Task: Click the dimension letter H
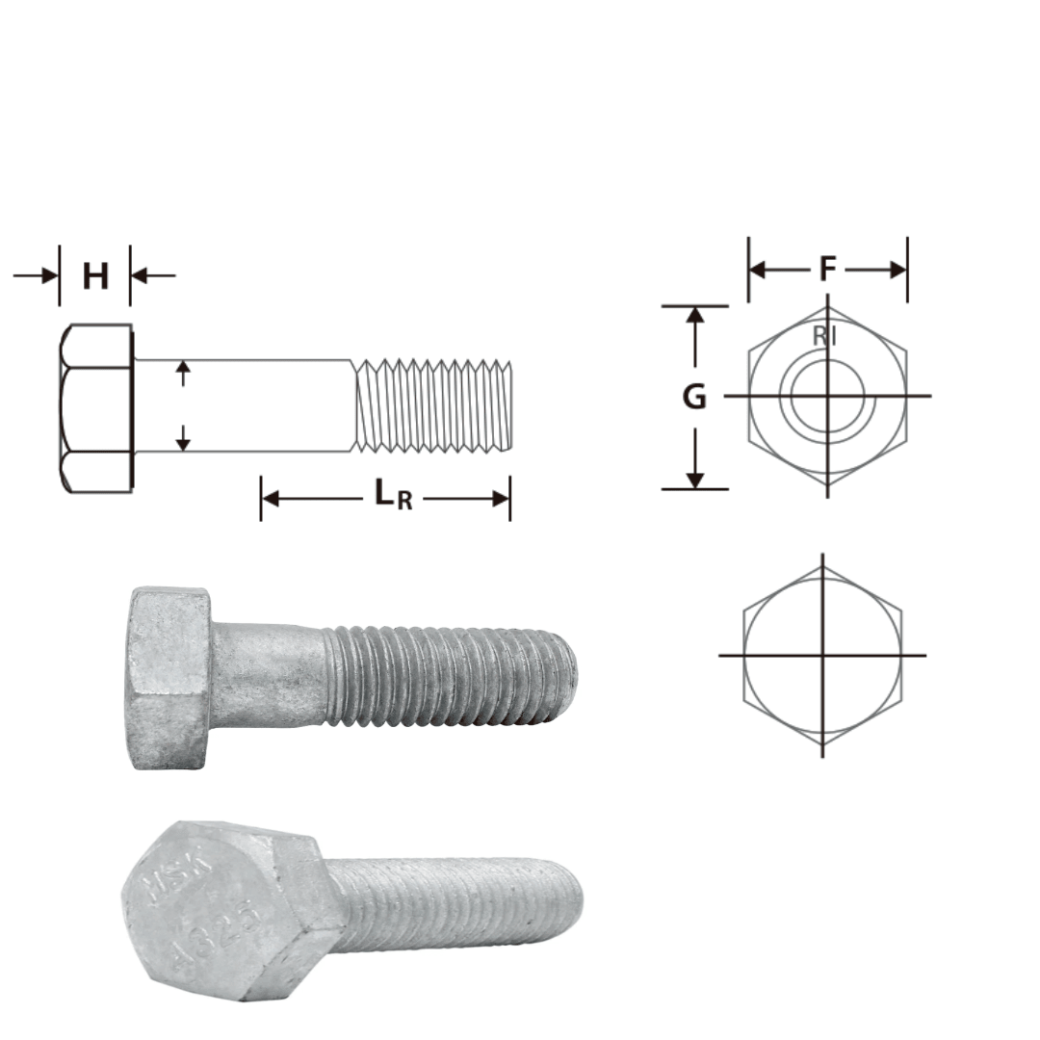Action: click(95, 276)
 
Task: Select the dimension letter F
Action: click(827, 270)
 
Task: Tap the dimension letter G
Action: click(694, 397)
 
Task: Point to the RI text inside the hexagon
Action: click(824, 336)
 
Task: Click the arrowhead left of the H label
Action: click(51, 276)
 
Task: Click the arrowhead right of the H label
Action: click(138, 276)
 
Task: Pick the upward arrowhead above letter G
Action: click(695, 315)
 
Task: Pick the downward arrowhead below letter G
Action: click(695, 480)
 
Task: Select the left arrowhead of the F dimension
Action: click(758, 270)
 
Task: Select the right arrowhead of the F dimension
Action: click(898, 270)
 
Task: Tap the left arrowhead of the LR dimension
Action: click(271, 498)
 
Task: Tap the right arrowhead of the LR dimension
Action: click(501, 498)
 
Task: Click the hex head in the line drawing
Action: click(96, 409)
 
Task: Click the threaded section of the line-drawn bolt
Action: click(433, 405)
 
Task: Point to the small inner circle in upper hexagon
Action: click(827, 395)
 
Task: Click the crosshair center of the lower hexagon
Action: click(822, 656)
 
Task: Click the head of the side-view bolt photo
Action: click(169, 677)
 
